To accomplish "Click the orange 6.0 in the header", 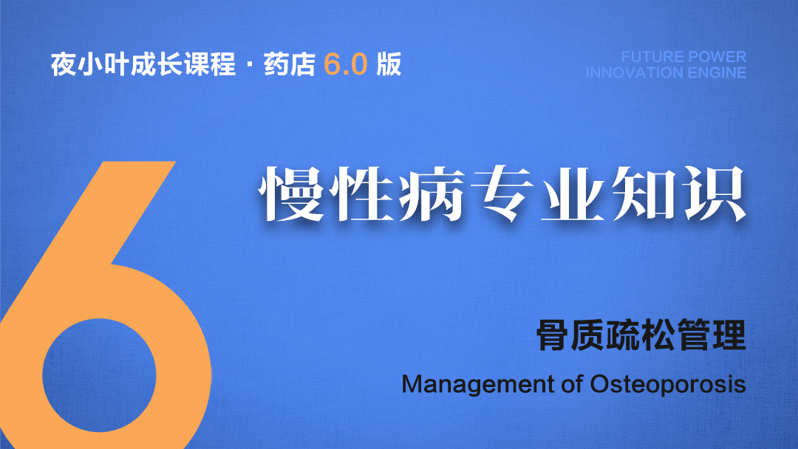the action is (x=346, y=64).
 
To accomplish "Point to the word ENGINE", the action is (x=717, y=72).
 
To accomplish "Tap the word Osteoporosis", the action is (x=668, y=384).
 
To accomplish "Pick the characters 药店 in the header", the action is (x=290, y=64).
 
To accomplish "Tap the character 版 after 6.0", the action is (x=389, y=64).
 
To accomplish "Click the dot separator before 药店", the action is (x=250, y=65).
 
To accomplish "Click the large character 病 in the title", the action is (x=432, y=193).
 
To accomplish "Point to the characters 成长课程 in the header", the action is (x=183, y=64).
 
